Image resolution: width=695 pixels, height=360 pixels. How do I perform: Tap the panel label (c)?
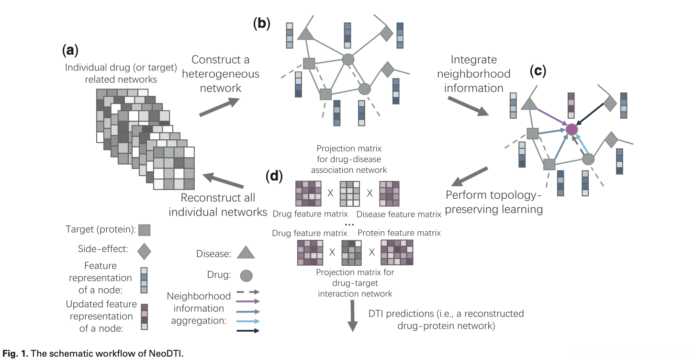pyautogui.click(x=538, y=71)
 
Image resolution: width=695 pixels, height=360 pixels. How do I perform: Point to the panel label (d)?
pyautogui.click(x=275, y=176)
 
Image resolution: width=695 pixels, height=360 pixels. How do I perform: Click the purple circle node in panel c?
pyautogui.click(x=571, y=129)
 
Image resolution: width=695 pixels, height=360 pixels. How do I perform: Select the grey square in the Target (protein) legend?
pyautogui.click(x=145, y=230)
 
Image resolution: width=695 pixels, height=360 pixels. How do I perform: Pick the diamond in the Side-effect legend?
pyautogui.click(x=144, y=250)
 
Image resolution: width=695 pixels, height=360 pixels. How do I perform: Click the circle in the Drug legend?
pyautogui.click(x=246, y=275)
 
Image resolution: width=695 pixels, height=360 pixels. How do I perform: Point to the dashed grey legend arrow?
pyautogui.click(x=248, y=292)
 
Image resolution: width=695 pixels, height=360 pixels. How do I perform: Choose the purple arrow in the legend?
pyautogui.click(x=248, y=301)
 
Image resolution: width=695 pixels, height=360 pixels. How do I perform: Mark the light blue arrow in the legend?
pyautogui.click(x=248, y=321)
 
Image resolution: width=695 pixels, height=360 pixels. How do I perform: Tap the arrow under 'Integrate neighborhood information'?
pyautogui.click(x=467, y=106)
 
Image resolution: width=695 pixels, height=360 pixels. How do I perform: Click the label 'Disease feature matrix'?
pyautogui.click(x=399, y=214)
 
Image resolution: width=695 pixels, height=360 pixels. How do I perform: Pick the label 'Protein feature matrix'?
pyautogui.click(x=399, y=233)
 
